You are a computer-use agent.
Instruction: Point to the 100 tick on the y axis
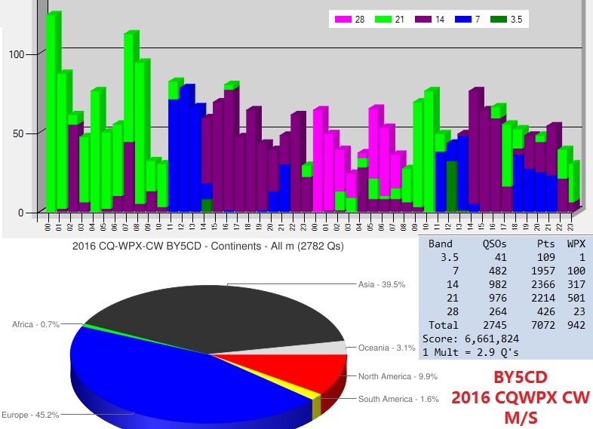pos(16,54)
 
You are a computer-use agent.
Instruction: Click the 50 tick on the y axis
pos(19,133)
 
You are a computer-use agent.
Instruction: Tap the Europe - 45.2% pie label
pos(29,414)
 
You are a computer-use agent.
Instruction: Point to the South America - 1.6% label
pos(398,399)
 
